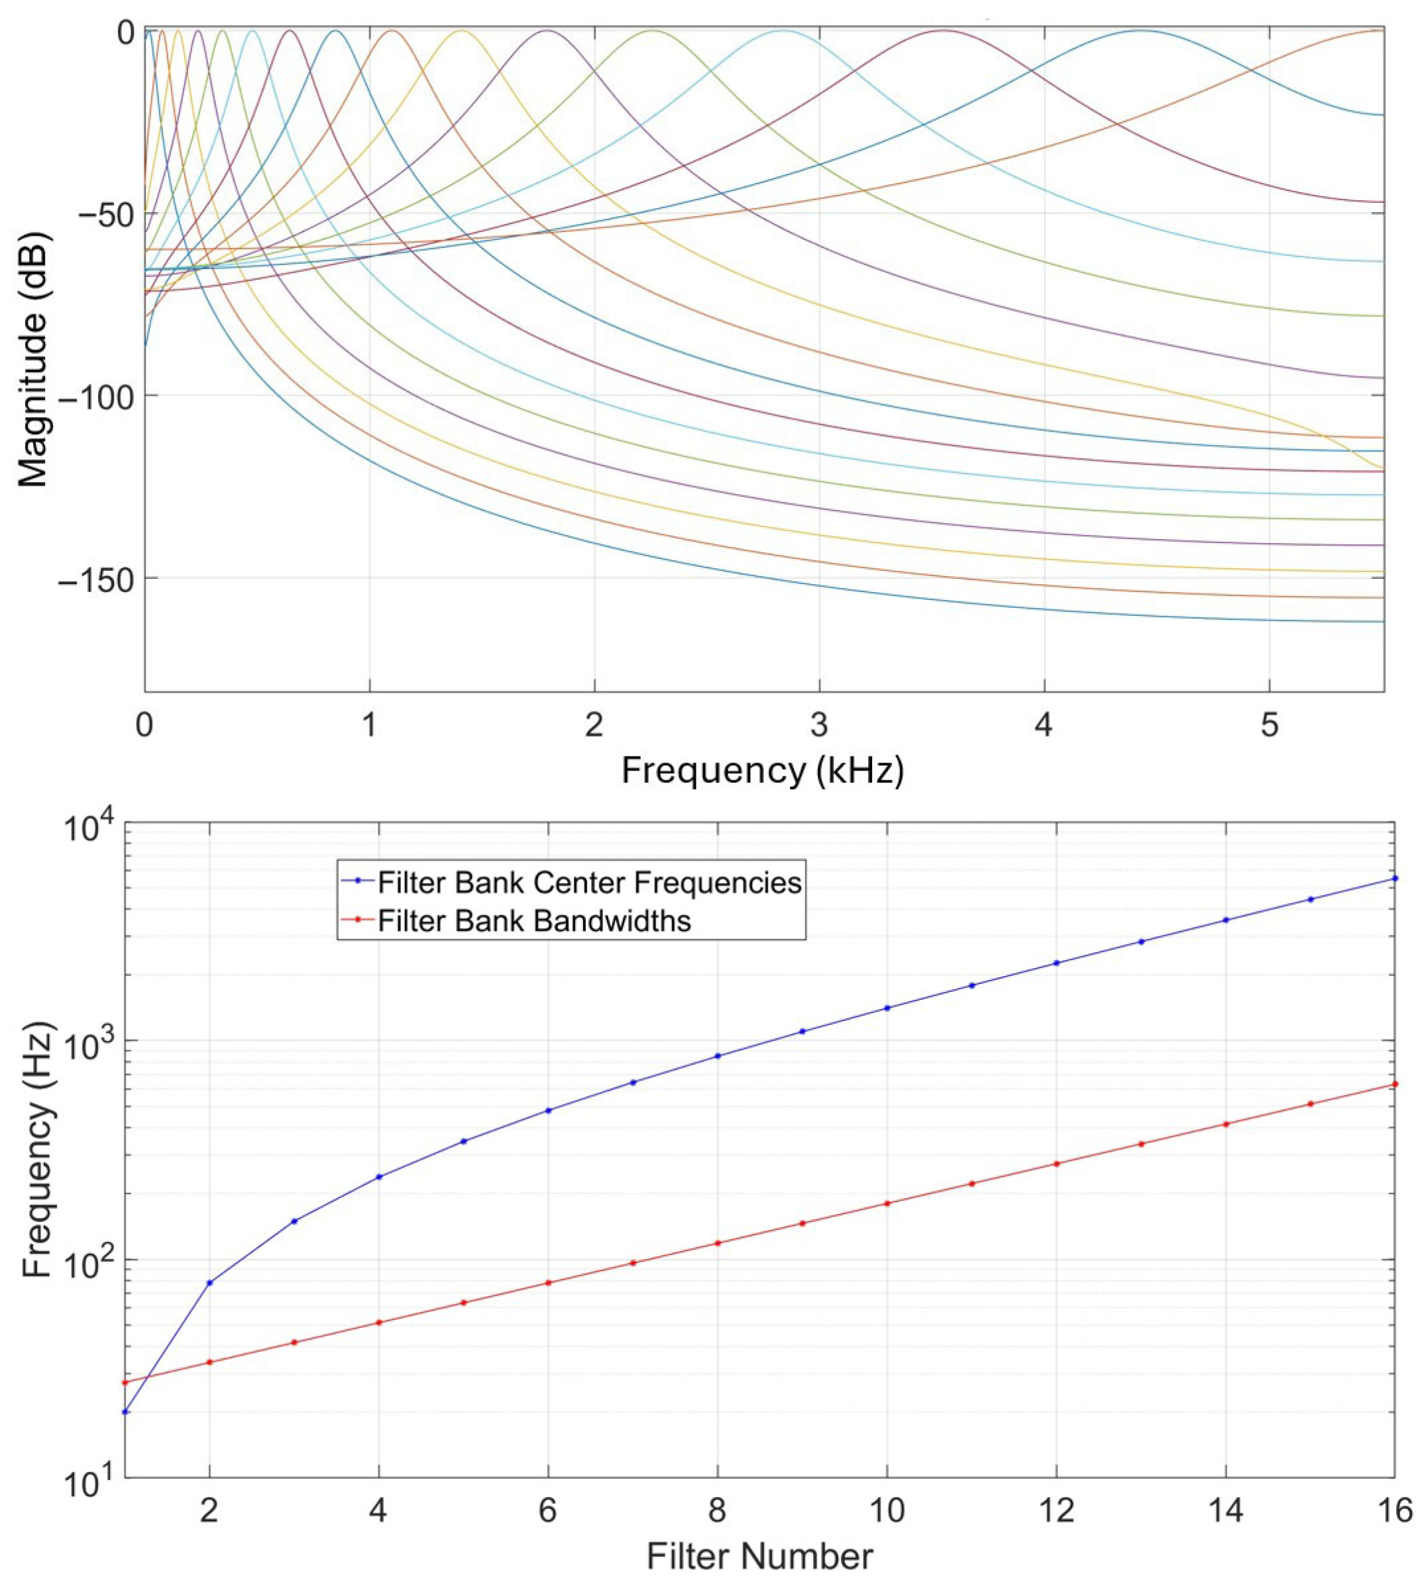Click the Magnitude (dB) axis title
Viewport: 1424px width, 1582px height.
[x=33, y=359]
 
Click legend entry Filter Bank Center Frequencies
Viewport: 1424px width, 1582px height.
[x=588, y=882]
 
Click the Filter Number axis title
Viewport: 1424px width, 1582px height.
[x=759, y=1557]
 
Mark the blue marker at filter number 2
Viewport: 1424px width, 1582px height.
[x=209, y=1283]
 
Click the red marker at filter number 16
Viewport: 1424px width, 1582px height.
[x=1395, y=1084]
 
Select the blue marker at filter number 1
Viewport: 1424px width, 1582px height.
[x=125, y=1412]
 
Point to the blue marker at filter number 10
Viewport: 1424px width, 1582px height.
[x=887, y=1007]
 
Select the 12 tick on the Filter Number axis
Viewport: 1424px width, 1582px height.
[x=1056, y=1511]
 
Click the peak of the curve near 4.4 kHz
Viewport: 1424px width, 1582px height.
[x=1141, y=30]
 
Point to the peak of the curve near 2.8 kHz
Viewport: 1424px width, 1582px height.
[x=783, y=30]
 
